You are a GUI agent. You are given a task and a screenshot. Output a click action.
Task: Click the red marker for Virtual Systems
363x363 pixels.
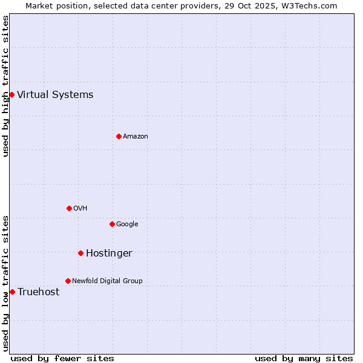click(11, 94)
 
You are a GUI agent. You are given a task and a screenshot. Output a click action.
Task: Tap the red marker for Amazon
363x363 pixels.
click(119, 136)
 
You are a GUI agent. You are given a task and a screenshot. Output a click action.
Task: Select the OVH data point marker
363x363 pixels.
click(69, 208)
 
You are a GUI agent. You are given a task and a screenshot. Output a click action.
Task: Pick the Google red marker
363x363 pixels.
click(112, 224)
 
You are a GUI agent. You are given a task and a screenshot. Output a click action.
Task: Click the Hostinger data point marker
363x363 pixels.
click(80, 253)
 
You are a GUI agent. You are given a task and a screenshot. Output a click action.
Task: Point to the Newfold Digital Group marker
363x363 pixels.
click(68, 281)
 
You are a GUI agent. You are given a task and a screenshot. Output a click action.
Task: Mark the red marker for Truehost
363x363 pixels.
click(12, 292)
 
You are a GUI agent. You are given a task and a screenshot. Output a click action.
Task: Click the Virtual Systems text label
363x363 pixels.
click(55, 94)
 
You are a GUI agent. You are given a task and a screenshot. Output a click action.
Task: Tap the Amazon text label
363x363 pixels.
click(136, 136)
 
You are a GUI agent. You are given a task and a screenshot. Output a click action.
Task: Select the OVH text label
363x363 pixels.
click(80, 208)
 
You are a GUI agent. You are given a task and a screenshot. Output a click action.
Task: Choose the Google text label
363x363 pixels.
click(127, 224)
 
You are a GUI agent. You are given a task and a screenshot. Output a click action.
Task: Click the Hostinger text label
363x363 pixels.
click(109, 253)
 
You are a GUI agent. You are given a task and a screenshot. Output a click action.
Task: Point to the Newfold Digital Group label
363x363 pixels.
click(107, 281)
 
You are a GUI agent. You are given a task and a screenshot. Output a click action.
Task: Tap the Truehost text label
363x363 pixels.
click(38, 292)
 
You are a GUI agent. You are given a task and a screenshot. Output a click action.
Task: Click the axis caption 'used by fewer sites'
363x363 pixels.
click(62, 358)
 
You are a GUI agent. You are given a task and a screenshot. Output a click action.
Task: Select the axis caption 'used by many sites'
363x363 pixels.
click(304, 358)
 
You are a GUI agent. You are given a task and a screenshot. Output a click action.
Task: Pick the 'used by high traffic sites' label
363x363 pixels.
click(5, 86)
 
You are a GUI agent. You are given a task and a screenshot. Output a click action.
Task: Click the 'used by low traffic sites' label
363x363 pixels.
click(5, 283)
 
